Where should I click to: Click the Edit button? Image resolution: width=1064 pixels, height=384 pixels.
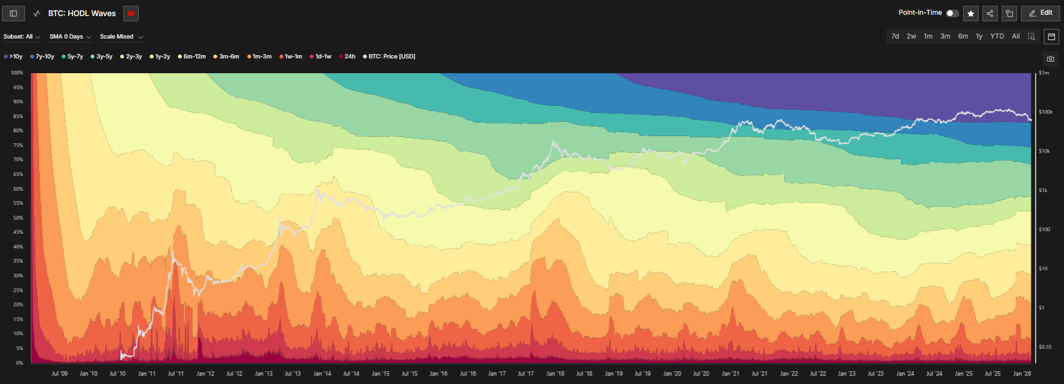coord(1040,13)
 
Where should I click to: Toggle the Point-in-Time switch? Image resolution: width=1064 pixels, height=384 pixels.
coord(952,13)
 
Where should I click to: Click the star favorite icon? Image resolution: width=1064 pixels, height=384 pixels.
coord(971,13)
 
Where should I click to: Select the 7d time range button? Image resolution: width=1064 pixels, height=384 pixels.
coord(895,37)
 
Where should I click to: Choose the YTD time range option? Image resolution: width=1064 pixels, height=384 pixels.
coord(997,37)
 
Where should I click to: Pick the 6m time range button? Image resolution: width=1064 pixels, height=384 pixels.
coord(962,37)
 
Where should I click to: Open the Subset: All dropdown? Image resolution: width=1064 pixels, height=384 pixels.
coord(21,37)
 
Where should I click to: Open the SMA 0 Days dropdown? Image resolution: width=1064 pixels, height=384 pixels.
coord(70,37)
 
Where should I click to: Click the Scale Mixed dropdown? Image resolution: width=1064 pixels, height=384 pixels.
coord(121,37)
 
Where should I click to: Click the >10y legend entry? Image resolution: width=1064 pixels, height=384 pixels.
coord(13,57)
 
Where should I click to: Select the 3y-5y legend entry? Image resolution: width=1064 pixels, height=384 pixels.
coord(102,57)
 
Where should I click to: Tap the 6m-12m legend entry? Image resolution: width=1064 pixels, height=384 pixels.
coord(192,57)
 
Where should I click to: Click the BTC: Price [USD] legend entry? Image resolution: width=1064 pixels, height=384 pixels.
coord(389,57)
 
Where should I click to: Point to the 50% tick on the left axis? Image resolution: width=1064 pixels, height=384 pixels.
coord(18,218)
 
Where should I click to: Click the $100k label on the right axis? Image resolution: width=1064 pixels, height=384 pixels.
coord(1045,112)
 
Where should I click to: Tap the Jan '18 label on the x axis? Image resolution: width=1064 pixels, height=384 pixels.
coord(555,374)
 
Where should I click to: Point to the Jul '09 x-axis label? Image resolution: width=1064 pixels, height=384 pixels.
coord(59,374)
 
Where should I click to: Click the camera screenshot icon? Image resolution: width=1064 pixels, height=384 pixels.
coord(1051,59)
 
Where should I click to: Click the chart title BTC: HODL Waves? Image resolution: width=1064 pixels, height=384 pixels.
coord(82,13)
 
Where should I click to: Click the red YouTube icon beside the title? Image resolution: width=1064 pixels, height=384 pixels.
coord(131,13)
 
